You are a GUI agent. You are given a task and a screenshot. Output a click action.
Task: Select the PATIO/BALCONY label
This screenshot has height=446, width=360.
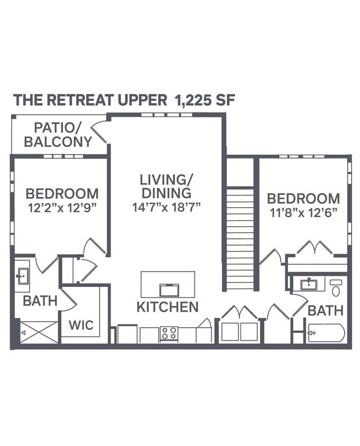pyautogui.click(x=58, y=135)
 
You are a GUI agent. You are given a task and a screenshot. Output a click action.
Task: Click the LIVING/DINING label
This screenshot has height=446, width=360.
pyautogui.click(x=166, y=186)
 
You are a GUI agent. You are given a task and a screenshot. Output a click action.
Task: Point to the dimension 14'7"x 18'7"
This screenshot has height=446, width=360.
pyautogui.click(x=166, y=207)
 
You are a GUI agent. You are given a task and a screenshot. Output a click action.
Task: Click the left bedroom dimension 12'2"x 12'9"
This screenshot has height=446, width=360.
pyautogui.click(x=62, y=207)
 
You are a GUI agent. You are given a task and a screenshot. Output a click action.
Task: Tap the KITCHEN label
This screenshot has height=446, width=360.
pyautogui.click(x=167, y=307)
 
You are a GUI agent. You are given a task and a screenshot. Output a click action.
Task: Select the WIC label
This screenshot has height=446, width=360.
pyautogui.click(x=81, y=324)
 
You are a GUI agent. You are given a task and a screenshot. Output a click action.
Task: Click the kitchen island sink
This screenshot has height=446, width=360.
pyautogui.click(x=169, y=290)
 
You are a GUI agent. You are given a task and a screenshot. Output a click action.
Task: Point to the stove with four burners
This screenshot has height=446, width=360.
pyautogui.click(x=169, y=333)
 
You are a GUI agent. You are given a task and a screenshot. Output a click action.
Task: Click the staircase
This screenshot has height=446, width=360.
pyautogui.click(x=241, y=238)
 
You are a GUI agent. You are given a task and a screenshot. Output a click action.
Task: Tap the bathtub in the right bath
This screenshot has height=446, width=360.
pyautogui.click(x=326, y=333)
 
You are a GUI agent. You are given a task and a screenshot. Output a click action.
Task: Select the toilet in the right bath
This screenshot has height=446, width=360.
pyautogui.click(x=336, y=288)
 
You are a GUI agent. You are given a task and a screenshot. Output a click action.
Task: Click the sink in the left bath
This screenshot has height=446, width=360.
pyautogui.click(x=22, y=275)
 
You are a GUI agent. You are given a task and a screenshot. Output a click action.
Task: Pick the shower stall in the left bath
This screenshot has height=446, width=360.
pyautogui.click(x=39, y=332)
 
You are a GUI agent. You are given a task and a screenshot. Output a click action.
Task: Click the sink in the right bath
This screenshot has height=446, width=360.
pyautogui.click(x=309, y=284)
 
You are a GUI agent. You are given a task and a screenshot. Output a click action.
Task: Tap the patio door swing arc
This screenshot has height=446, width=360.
pyautogui.click(x=99, y=133)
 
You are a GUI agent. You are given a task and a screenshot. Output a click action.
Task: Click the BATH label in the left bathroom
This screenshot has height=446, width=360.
pyautogui.click(x=40, y=301)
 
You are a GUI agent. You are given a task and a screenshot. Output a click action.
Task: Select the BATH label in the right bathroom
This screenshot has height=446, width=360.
pyautogui.click(x=326, y=311)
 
